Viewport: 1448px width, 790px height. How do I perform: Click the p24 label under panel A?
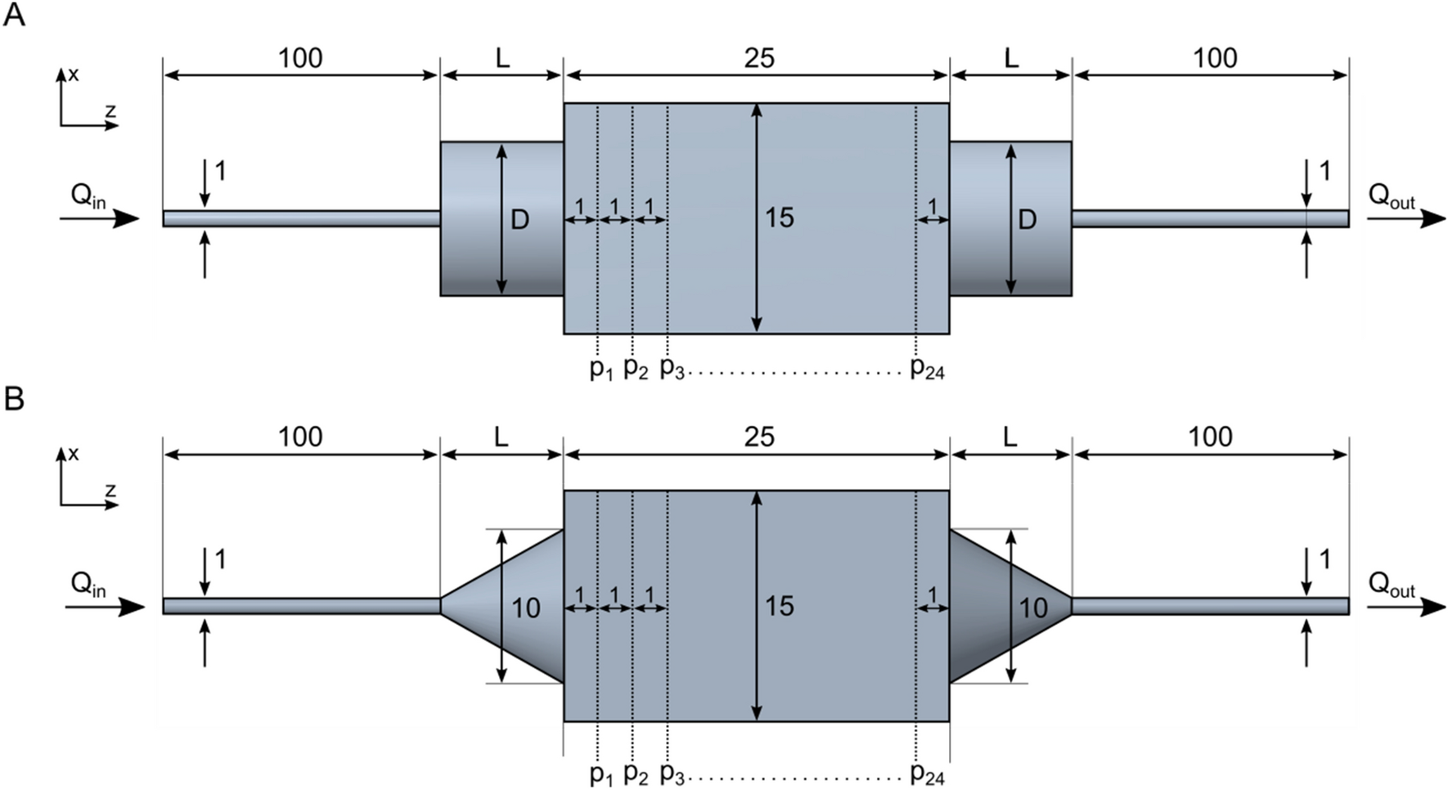(927, 369)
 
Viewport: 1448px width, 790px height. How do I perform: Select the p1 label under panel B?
(601, 774)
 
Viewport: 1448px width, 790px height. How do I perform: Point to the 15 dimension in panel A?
(779, 218)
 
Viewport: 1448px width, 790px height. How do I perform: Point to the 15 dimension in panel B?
(779, 606)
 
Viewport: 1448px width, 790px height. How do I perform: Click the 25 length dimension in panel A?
(758, 58)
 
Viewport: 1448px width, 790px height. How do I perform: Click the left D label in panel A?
(520, 219)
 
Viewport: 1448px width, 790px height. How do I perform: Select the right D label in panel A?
(1028, 219)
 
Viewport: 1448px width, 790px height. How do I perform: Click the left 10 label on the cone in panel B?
(526, 608)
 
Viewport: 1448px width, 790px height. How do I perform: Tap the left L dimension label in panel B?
(501, 437)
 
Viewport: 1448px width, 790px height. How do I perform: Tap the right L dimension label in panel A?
(1011, 58)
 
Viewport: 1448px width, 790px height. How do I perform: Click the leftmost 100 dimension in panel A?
(300, 58)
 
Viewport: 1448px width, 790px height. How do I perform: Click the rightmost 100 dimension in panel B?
(1210, 437)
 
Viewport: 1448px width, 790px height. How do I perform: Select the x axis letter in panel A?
(74, 74)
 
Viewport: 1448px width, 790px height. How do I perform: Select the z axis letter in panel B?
(110, 491)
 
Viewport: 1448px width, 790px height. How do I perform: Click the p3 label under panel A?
(671, 369)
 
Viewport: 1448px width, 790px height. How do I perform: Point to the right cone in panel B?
(990, 606)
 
